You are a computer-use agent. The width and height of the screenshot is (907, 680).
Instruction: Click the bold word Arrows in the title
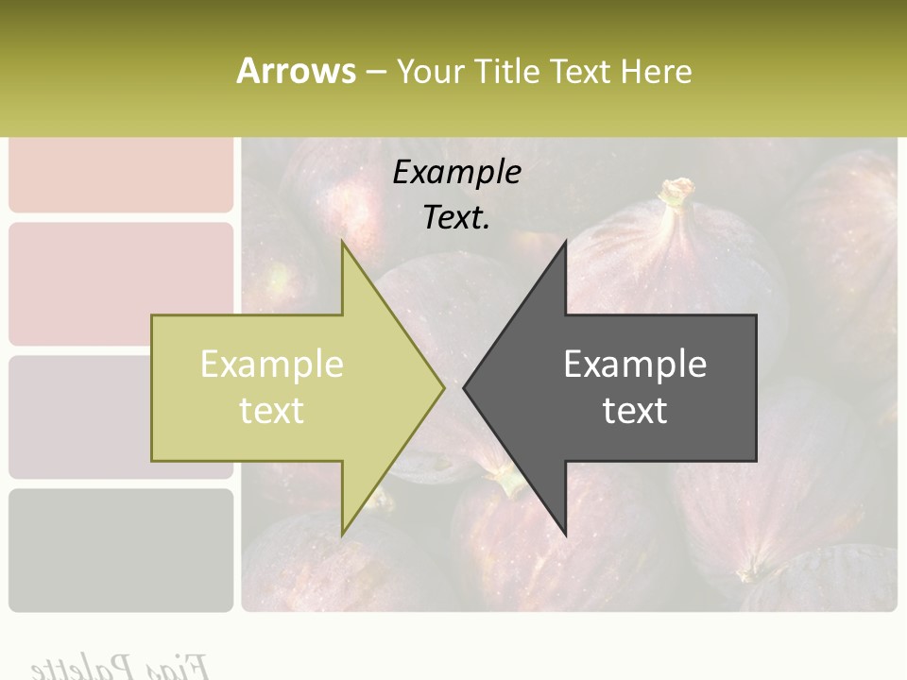pyautogui.click(x=296, y=71)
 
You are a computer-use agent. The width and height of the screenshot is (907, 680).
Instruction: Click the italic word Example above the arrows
pyautogui.click(x=456, y=173)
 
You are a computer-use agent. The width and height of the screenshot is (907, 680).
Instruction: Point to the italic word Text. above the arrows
pyautogui.click(x=456, y=218)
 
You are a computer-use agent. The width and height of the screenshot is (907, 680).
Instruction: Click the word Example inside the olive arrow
pyautogui.click(x=272, y=365)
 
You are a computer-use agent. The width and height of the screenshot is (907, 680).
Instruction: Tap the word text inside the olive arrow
pyautogui.click(x=272, y=411)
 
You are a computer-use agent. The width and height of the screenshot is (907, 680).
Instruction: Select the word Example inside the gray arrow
pyautogui.click(x=635, y=365)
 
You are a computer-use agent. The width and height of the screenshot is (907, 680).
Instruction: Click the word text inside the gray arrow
pyautogui.click(x=635, y=411)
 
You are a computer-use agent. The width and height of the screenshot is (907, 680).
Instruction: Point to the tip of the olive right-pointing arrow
pyautogui.click(x=442, y=387)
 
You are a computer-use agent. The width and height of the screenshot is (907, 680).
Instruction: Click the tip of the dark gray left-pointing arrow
pyautogui.click(x=466, y=387)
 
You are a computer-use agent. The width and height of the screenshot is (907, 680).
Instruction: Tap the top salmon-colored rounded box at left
pyautogui.click(x=121, y=175)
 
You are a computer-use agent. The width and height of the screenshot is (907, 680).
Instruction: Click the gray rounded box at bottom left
pyautogui.click(x=121, y=550)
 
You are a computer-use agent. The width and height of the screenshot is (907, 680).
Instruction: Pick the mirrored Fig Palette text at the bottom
pyautogui.click(x=118, y=666)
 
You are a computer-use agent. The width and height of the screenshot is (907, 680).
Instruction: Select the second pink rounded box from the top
pyautogui.click(x=121, y=283)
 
